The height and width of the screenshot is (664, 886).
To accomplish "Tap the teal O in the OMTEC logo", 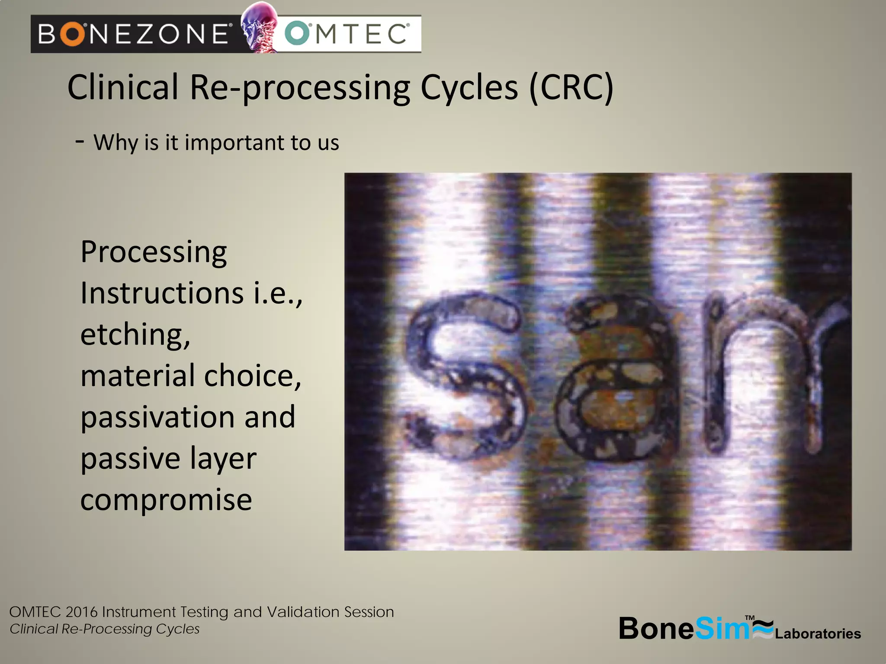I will click(x=297, y=34).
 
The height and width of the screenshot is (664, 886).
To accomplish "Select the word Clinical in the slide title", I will click(x=123, y=87).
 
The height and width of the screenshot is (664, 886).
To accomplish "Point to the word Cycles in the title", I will click(x=469, y=88).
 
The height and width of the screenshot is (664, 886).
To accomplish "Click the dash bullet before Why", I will click(x=80, y=141).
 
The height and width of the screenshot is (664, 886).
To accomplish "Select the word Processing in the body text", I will click(x=154, y=252).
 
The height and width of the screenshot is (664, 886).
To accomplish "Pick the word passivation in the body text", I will click(x=157, y=418).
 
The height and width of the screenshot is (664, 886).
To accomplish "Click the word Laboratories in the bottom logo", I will click(x=818, y=634).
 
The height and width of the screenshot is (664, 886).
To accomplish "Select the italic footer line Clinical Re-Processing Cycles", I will click(x=104, y=629).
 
